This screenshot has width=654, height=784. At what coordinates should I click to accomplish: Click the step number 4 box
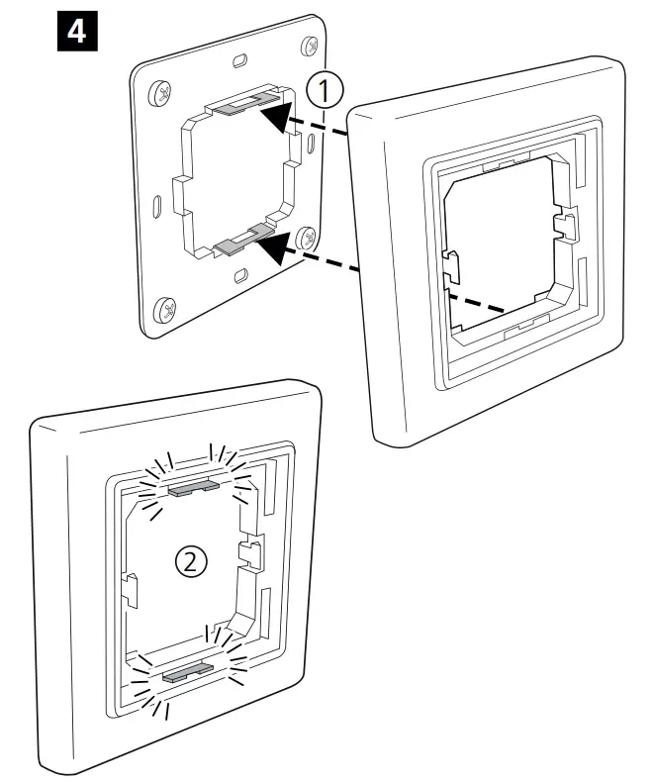click(73, 33)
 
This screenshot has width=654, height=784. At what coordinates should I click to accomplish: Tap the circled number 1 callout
click(326, 91)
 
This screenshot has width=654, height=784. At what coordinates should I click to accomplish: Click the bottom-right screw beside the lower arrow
click(310, 238)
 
